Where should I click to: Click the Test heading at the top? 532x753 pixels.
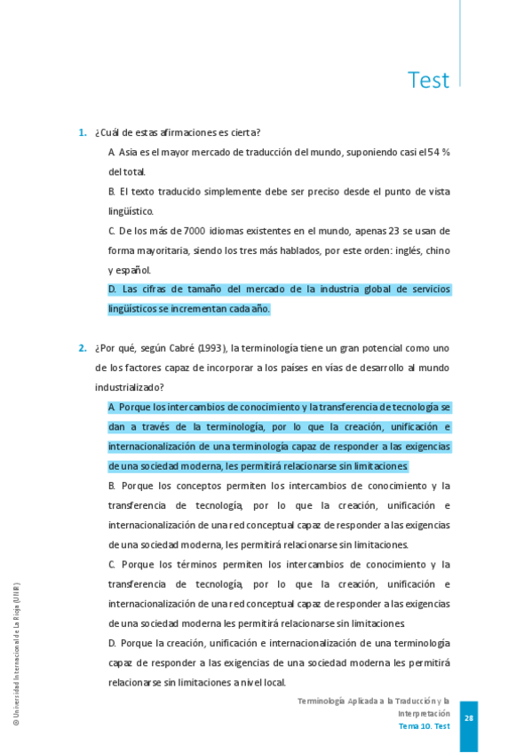coord(428,80)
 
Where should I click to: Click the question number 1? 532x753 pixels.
coord(82,132)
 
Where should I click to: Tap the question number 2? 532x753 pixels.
coord(82,348)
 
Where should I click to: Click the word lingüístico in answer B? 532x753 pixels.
coord(131,211)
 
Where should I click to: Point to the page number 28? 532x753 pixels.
coord(469,718)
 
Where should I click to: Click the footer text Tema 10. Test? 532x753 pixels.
coord(424,726)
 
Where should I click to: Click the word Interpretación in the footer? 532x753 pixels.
coord(424,714)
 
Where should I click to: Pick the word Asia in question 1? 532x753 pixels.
coord(129,152)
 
